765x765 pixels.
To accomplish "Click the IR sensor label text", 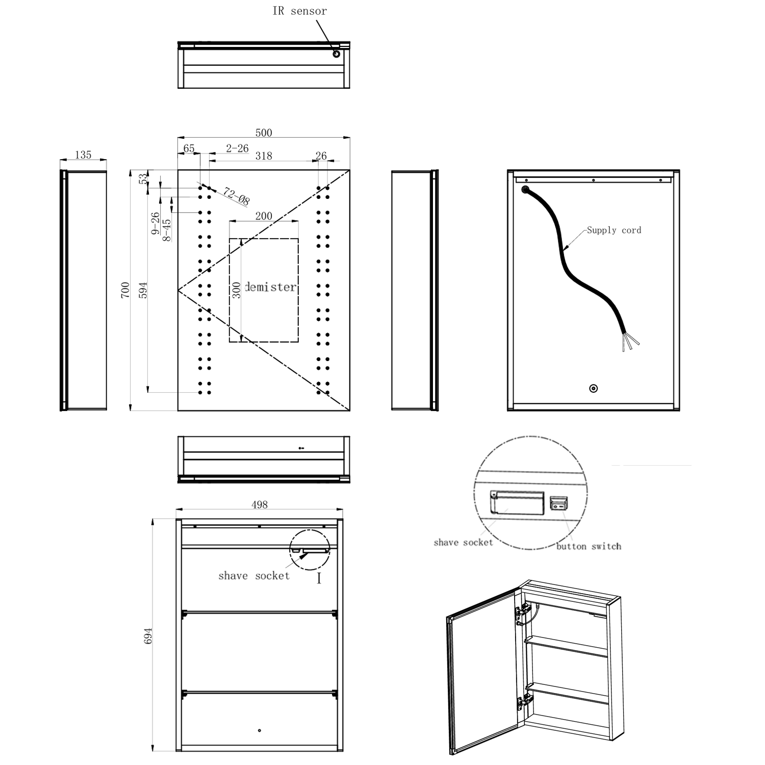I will [299, 11].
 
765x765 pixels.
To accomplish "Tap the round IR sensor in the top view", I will [336, 54].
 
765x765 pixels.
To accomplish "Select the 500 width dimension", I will [264, 133].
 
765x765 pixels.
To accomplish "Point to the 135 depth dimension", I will [83, 155].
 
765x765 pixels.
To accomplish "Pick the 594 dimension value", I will [143, 290].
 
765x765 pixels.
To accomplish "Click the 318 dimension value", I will [264, 156].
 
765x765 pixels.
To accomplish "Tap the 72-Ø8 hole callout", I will [236, 196].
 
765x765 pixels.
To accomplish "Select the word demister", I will [270, 287].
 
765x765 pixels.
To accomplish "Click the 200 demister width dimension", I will [264, 216].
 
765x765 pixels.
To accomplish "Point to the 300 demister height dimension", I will [236, 290].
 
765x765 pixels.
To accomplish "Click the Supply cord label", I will [614, 230].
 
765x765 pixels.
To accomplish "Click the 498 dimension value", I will [259, 504].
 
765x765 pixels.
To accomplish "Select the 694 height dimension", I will [148, 635].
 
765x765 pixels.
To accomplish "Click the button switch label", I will [589, 546].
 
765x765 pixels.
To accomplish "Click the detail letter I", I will [319, 578].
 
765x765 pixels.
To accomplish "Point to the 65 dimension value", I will [189, 148].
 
